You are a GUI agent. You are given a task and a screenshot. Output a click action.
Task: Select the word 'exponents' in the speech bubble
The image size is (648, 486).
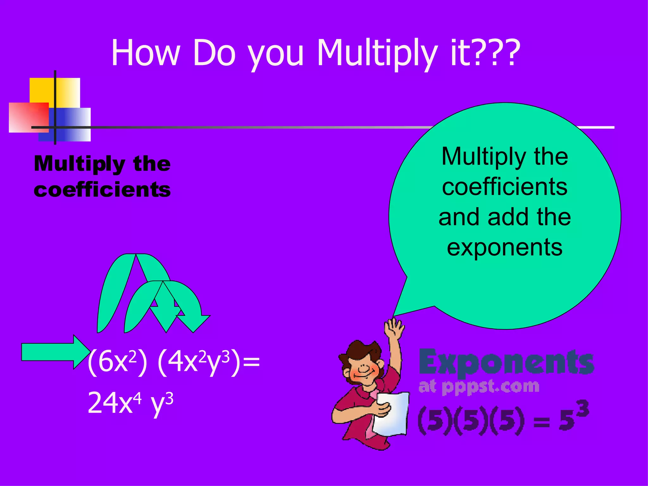point(505,247)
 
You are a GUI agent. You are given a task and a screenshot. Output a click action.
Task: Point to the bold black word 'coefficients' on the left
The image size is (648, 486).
point(102,190)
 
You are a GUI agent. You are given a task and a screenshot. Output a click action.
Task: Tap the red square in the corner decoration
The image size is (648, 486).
point(28,117)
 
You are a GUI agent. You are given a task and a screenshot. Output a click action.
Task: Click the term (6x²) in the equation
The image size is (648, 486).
point(117,362)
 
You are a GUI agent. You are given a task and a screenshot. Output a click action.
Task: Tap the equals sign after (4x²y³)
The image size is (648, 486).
point(252,362)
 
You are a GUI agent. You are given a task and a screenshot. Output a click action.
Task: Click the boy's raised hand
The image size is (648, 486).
point(394,329)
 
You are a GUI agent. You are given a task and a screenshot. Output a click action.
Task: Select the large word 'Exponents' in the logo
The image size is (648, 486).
point(506,362)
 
